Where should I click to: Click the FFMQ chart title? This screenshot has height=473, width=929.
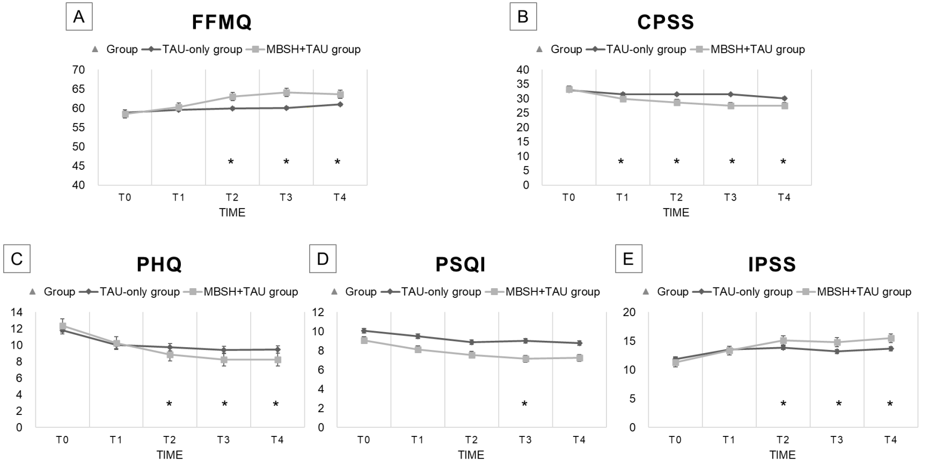coord(222,22)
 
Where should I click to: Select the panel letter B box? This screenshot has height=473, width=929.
coord(523,17)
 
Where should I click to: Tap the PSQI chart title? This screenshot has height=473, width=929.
coord(460,264)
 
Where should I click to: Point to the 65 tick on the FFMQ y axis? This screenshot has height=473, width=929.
coord(78,89)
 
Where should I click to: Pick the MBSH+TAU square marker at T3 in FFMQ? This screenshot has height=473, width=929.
coord(287,92)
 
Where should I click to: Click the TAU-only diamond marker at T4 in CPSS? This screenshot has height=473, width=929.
coord(784,98)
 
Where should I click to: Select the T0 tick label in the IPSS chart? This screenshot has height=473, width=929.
coord(675,440)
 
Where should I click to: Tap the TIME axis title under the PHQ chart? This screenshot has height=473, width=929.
coord(170,455)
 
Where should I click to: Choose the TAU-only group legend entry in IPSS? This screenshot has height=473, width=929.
coord(745,292)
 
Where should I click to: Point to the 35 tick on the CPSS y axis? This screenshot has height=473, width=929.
coord(522,84)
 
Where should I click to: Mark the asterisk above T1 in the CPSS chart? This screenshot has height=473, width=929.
coord(621,162)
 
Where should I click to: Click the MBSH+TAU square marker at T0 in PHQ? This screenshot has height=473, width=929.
coord(62,326)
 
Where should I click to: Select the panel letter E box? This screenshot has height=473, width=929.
coord(628,259)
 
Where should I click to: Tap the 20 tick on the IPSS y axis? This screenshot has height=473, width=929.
coord(628,312)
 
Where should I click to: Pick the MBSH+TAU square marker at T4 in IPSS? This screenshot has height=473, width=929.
coord(891,338)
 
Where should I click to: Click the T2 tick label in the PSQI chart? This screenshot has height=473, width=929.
coord(471,440)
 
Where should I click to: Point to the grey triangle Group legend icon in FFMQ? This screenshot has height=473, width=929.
coord(95,49)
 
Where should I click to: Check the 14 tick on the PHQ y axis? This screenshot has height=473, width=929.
coord(16,312)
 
